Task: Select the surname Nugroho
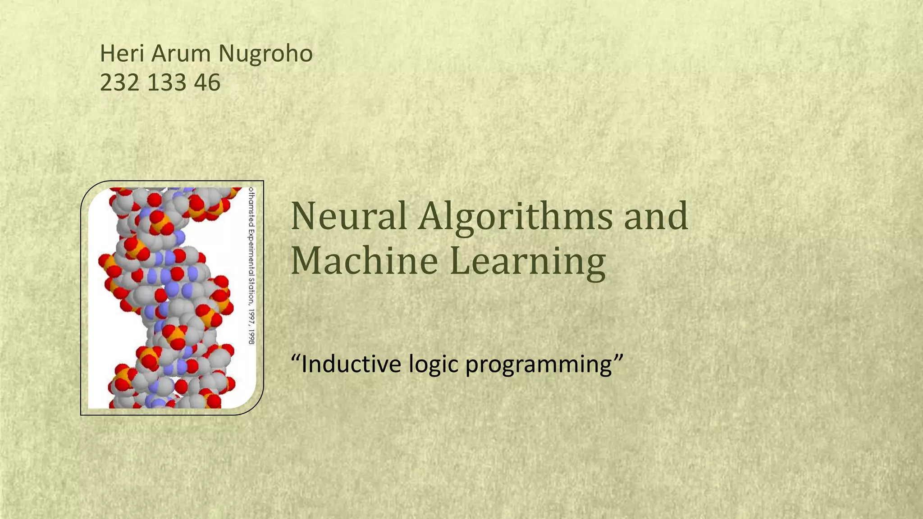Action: coord(265,54)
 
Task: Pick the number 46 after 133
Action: coord(207,83)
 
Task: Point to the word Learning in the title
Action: coord(527,262)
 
